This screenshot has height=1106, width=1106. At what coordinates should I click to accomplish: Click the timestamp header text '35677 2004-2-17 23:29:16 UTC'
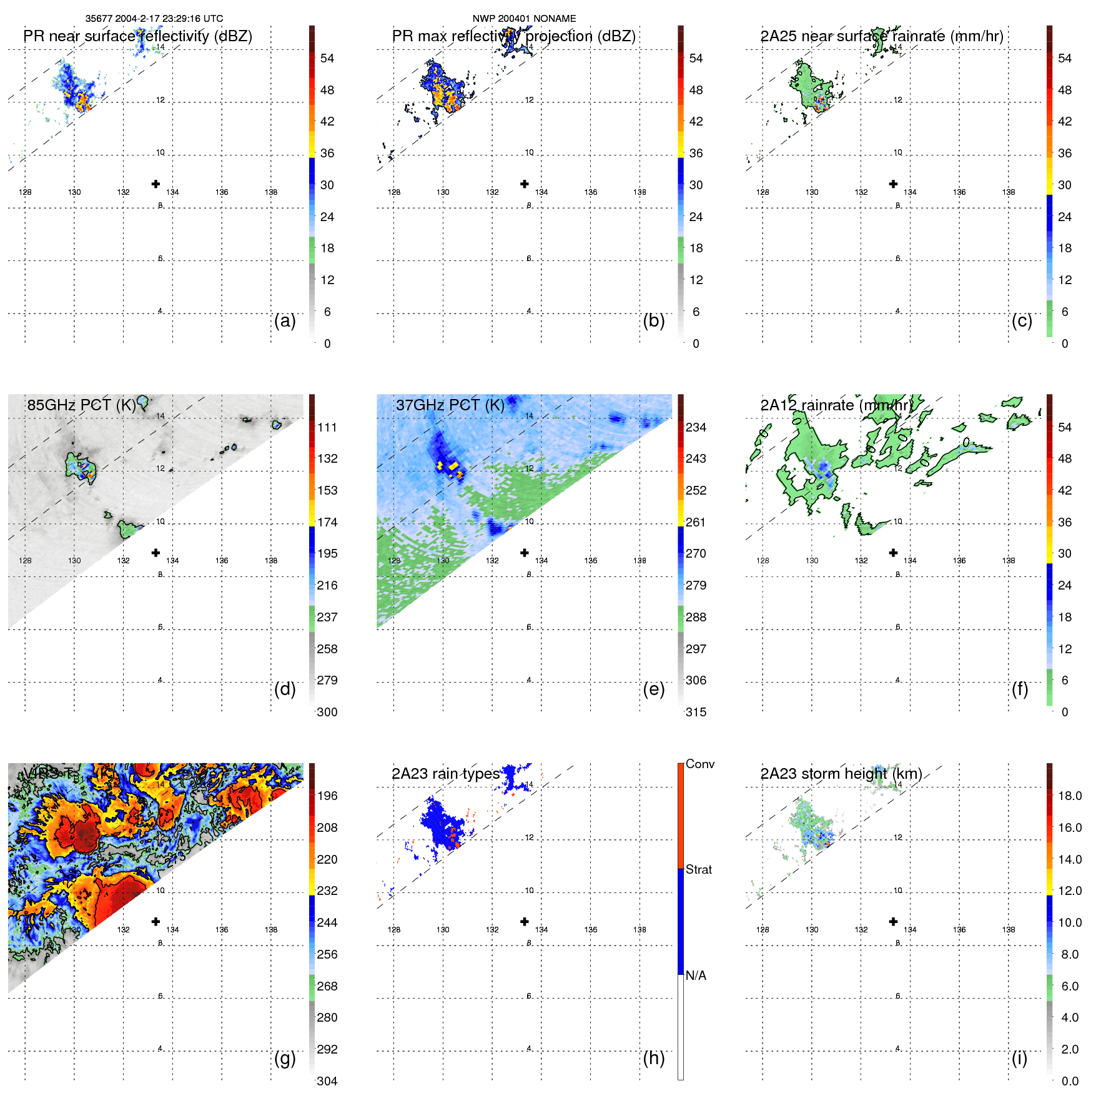tap(154, 19)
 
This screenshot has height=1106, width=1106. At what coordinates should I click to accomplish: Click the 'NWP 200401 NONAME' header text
tap(524, 19)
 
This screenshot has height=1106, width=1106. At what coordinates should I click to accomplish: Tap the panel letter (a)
tap(285, 320)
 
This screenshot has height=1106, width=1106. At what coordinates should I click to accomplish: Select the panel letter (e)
tap(653, 689)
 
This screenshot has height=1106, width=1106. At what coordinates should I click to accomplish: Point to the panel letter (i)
tap(1019, 1058)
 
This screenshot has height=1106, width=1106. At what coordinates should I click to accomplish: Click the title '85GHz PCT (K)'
tap(81, 405)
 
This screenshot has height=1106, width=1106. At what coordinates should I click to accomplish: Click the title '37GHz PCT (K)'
tap(450, 405)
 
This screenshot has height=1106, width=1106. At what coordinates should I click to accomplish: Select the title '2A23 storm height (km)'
tap(841, 774)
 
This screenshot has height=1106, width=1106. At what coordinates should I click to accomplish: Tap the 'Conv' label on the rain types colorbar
tap(699, 764)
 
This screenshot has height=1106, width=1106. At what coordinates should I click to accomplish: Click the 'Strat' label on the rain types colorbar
tap(698, 869)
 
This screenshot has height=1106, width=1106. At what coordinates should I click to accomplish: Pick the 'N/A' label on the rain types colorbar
tap(696, 975)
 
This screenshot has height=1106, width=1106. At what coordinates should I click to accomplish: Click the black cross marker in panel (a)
tap(156, 184)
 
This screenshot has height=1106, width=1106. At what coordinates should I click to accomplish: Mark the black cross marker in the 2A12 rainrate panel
tap(893, 553)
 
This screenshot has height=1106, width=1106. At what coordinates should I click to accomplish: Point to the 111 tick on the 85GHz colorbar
tap(327, 427)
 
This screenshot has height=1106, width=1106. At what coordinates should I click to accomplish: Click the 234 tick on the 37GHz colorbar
tap(696, 427)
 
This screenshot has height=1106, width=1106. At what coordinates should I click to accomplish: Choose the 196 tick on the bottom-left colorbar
tap(327, 796)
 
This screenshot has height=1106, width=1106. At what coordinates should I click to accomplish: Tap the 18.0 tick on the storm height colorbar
tap(1069, 796)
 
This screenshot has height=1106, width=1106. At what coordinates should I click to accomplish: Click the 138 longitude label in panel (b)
tap(639, 192)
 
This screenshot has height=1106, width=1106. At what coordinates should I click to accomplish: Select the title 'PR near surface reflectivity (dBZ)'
tap(137, 36)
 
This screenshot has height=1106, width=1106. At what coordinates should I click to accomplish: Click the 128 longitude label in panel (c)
tap(763, 192)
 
